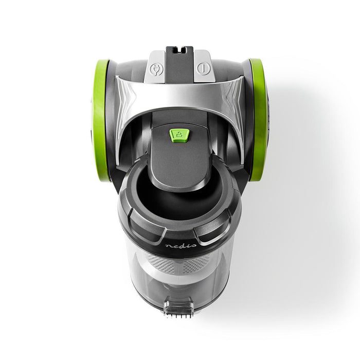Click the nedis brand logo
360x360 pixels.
(x=178, y=246)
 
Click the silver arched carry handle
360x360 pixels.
(x=179, y=89)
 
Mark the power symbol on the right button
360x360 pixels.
(x=204, y=69)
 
